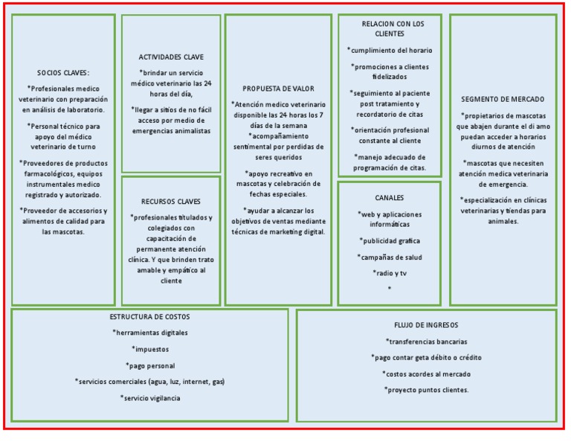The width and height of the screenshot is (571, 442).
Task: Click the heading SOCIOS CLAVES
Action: click(x=63, y=72)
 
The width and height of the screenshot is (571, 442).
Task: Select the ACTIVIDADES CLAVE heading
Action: click(x=171, y=57)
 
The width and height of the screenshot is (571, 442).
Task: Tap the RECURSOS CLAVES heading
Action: click(x=171, y=201)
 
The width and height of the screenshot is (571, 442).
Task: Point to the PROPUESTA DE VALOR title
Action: click(x=278, y=88)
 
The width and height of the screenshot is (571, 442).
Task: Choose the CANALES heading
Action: click(x=390, y=197)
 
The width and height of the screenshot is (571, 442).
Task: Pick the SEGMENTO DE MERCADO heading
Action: click(x=503, y=98)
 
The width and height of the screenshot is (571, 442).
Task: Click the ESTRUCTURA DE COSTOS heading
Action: click(x=149, y=317)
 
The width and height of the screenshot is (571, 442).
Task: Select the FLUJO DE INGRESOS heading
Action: click(x=426, y=325)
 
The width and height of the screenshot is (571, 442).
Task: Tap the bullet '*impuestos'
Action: click(x=150, y=348)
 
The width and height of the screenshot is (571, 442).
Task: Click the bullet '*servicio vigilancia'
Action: click(x=149, y=398)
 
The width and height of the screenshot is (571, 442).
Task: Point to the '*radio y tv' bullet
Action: click(x=390, y=273)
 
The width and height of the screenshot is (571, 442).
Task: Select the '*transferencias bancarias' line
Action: click(x=427, y=342)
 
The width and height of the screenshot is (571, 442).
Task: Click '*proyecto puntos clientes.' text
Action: click(x=427, y=390)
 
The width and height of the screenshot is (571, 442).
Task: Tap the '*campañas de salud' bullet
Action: click(x=390, y=257)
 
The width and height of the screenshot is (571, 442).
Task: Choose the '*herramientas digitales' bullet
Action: click(x=149, y=333)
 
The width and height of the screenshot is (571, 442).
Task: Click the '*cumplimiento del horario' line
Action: click(x=390, y=50)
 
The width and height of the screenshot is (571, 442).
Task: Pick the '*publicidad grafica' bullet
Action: click(x=390, y=240)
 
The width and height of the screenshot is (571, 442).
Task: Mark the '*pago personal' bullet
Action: click(x=149, y=365)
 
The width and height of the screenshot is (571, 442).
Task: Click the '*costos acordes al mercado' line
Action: click(x=427, y=374)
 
